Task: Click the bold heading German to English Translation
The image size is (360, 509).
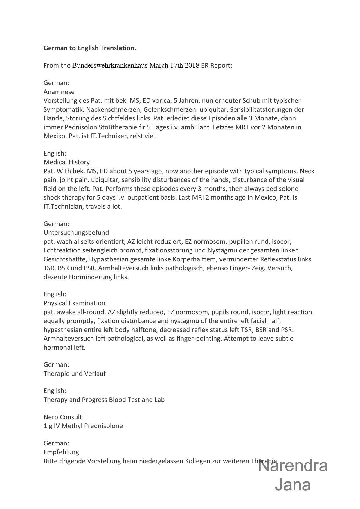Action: click(90, 48)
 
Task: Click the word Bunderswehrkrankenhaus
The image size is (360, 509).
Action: click(110, 65)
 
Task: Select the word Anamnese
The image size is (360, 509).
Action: click(59, 92)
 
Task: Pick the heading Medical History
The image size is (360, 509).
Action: click(66, 162)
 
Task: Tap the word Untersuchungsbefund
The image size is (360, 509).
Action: click(76, 233)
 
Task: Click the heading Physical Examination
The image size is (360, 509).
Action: click(74, 303)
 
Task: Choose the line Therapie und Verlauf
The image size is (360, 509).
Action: click(75, 374)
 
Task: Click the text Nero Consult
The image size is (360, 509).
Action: click(63, 417)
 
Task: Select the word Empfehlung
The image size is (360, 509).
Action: click(61, 452)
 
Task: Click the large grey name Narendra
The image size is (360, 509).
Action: click(293, 466)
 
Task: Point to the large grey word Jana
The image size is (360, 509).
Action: click(293, 485)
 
